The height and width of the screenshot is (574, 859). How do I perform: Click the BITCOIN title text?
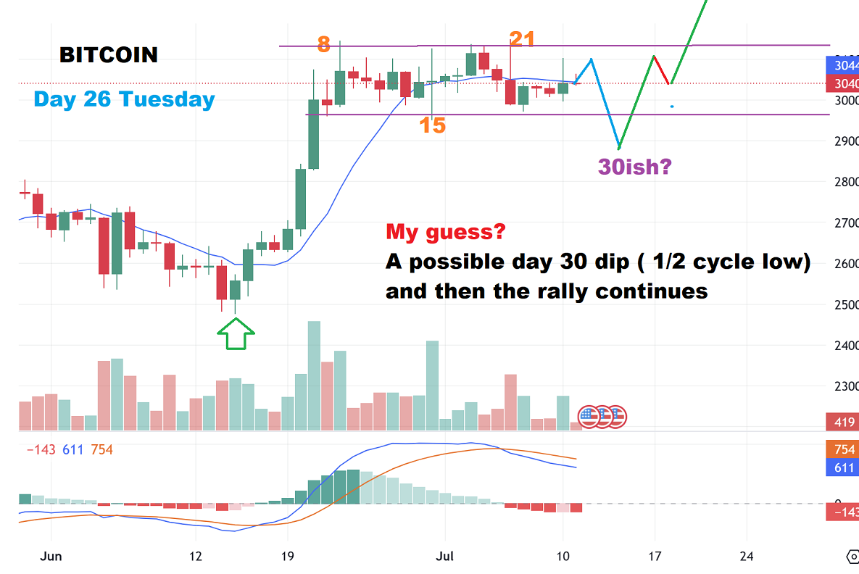[108, 54]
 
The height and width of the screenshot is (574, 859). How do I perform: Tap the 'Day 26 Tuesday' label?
[124, 99]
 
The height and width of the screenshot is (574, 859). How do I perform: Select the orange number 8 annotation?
[323, 45]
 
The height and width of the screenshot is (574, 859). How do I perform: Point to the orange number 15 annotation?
[432, 126]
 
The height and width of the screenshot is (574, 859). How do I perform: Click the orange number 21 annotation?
[522, 40]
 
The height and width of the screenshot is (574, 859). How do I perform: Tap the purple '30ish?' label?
[635, 167]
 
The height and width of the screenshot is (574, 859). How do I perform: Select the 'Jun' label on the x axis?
[51, 557]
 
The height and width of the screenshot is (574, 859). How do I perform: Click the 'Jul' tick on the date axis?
[445, 557]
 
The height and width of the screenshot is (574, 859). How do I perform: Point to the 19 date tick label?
[287, 557]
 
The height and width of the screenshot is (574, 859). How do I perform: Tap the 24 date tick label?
[747, 557]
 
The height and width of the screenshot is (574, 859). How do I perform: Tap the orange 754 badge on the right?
[842, 449]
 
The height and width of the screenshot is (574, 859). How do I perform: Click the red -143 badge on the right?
[842, 512]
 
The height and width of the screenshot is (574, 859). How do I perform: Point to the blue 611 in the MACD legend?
[72, 450]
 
